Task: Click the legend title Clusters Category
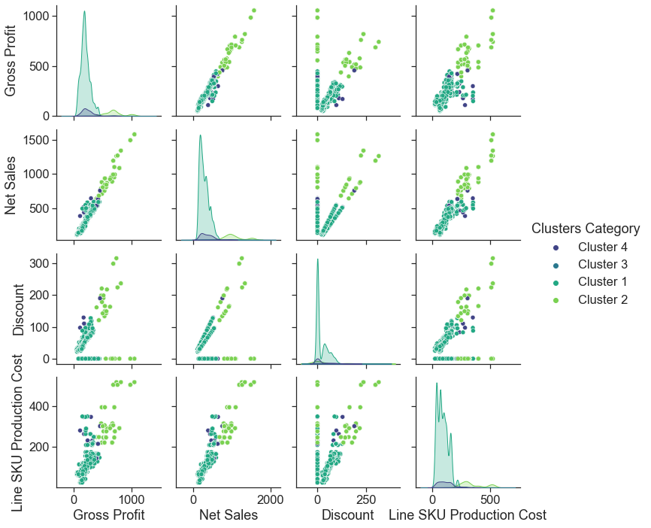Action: click(585, 228)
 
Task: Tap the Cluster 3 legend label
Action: click(601, 265)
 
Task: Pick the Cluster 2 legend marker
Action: click(556, 300)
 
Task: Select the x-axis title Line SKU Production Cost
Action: click(467, 515)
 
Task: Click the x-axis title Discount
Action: click(347, 515)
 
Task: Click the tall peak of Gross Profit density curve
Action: click(84, 12)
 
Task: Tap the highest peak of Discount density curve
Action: click(318, 259)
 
